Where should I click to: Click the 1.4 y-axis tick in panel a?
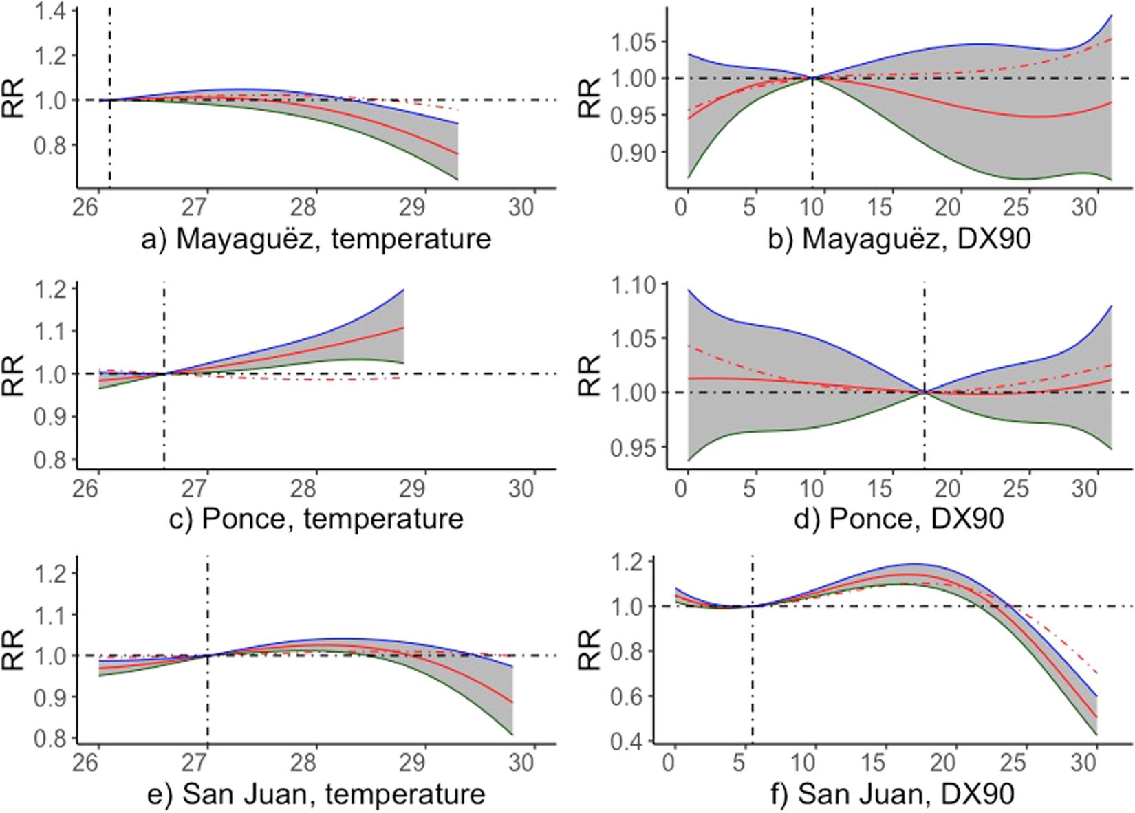coord(54,12)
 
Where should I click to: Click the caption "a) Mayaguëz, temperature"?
coord(316,239)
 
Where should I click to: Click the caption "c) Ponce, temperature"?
coord(316,518)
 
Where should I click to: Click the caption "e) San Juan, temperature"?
coord(316,794)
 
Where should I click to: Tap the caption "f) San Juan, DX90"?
coord(905,794)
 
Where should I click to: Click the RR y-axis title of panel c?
coord(14,376)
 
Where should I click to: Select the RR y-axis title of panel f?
coord(590,651)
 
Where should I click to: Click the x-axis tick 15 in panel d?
coord(880,489)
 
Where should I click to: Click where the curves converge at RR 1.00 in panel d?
coord(924,392)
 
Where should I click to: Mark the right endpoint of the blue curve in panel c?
coord(403,290)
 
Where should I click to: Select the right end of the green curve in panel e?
coord(512,735)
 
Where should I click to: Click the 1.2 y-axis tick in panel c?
coord(54,290)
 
